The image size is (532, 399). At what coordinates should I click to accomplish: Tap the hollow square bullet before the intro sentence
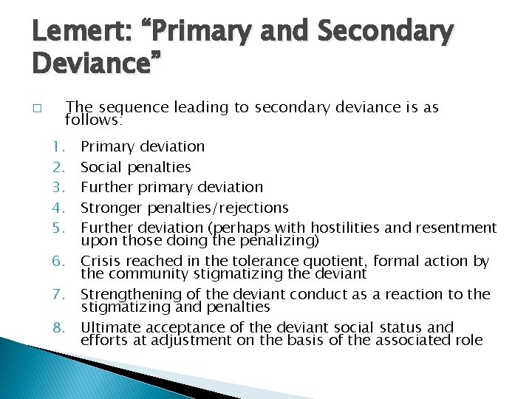coord(37,108)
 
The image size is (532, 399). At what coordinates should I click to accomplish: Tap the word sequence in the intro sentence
coord(131,108)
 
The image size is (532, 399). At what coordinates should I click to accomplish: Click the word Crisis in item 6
coord(100,261)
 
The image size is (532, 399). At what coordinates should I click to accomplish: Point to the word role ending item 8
coord(468,340)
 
